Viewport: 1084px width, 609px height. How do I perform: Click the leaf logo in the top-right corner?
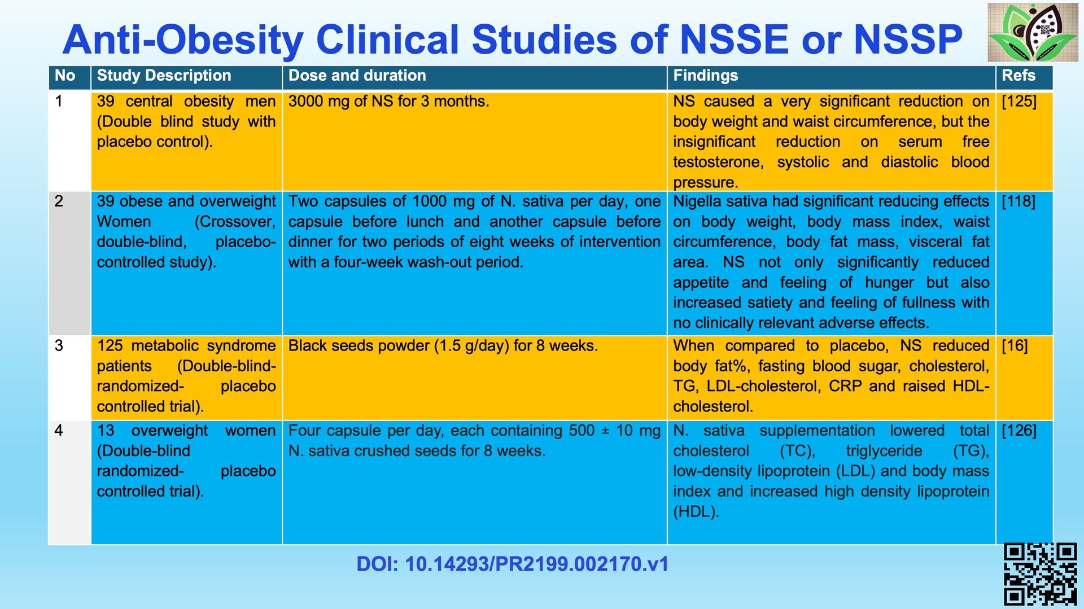tap(1033, 32)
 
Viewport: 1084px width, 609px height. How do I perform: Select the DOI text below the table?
tap(512, 564)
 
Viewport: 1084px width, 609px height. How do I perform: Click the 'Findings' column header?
tap(705, 76)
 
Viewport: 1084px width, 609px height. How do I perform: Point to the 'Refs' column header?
tap(1018, 76)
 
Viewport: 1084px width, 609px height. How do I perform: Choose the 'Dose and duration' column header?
tap(357, 76)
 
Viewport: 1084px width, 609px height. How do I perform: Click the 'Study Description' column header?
tap(164, 76)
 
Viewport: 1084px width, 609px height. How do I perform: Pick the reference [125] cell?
tap(1019, 102)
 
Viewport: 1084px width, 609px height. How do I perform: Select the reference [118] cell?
tap(1019, 201)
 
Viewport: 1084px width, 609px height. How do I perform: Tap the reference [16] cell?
tap(1015, 346)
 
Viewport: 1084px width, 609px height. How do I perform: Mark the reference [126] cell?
tap(1019, 431)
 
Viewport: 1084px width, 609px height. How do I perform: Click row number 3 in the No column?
tap(59, 346)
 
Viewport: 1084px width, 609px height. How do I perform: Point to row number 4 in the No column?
tap(59, 431)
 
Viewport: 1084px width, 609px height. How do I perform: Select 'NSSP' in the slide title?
tap(908, 40)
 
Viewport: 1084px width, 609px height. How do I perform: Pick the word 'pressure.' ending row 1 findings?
tap(705, 182)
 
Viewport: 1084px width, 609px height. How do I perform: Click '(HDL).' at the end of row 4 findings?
tap(696, 512)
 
